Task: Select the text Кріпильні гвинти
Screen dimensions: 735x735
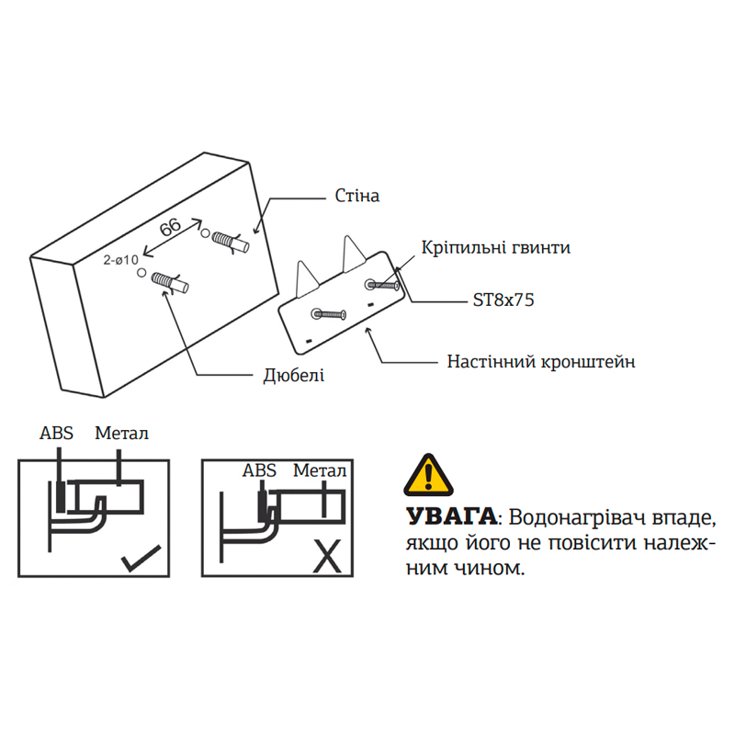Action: (x=496, y=248)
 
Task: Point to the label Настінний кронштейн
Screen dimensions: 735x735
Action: (x=541, y=361)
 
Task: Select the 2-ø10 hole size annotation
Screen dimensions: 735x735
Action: (x=119, y=261)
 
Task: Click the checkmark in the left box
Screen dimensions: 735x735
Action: (x=140, y=558)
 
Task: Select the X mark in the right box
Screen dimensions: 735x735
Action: (x=325, y=556)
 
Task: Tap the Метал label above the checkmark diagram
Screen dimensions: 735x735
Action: (x=121, y=433)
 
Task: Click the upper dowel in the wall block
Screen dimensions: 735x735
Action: (x=230, y=242)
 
